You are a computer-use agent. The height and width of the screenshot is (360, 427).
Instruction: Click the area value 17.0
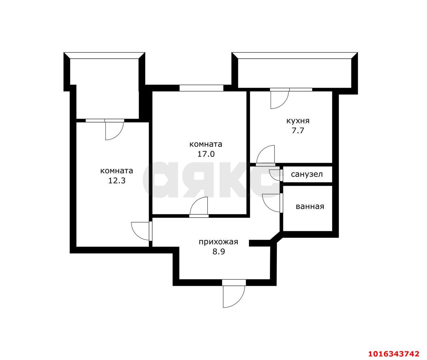[206, 154]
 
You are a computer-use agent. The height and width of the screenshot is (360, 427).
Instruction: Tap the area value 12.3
[117, 181]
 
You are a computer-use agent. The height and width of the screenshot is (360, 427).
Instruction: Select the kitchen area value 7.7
[298, 130]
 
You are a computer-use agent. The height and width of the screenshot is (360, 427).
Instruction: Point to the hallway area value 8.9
[219, 251]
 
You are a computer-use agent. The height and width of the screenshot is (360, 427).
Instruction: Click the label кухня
[298, 121]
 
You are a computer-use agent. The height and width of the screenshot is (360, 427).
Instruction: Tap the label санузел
[307, 174]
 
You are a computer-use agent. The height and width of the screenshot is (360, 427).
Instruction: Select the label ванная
[310, 207]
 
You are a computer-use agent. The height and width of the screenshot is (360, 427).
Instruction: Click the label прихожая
[219, 242]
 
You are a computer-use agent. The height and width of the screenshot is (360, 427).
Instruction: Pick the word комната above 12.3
[116, 171]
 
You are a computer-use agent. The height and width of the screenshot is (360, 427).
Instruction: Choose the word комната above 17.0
[206, 144]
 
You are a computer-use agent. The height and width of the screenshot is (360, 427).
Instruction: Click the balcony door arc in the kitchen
[284, 103]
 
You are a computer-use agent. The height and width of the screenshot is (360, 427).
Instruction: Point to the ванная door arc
[267, 207]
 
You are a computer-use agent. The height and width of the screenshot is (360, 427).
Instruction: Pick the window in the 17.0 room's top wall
[201, 88]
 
